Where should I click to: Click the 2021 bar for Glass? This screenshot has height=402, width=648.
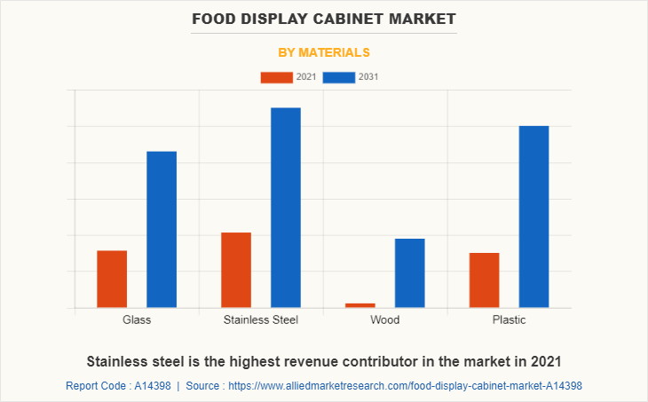[112, 280]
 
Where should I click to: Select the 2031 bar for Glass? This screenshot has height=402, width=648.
[162, 230]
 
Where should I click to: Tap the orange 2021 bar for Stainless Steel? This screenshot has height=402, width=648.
[236, 270]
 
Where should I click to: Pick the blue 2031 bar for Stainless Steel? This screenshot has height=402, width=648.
[286, 208]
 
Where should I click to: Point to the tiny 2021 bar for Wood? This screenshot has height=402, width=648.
[360, 305]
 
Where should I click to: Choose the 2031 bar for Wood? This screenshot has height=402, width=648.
[410, 273]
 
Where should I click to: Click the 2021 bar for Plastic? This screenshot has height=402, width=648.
[485, 280]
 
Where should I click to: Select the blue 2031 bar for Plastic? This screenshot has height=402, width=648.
[534, 217]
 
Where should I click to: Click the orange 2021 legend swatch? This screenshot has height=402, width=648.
[276, 77]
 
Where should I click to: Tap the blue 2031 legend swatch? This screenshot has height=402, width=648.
[339, 77]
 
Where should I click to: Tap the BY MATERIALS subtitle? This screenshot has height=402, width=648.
[324, 52]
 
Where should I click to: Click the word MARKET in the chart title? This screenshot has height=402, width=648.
[424, 18]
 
